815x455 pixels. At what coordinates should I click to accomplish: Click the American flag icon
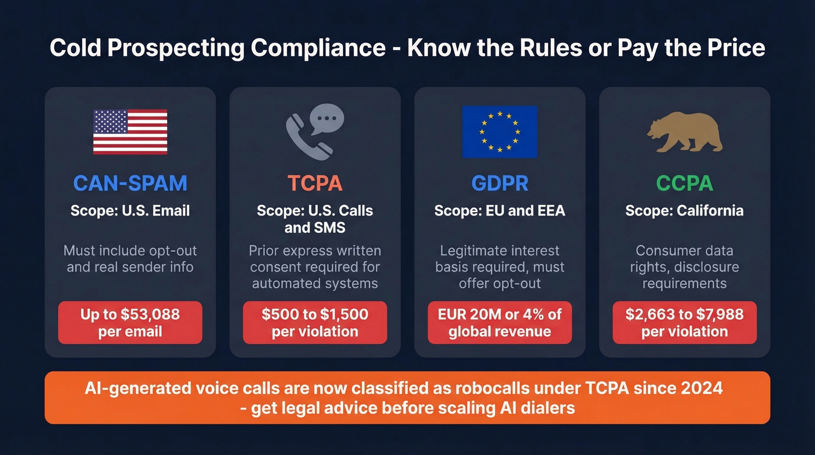[130, 132]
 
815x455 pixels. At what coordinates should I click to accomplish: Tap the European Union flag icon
[499, 132]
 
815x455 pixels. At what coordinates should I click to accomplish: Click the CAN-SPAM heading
[130, 183]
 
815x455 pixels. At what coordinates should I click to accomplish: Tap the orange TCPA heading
[315, 183]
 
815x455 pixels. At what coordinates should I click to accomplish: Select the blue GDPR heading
[499, 183]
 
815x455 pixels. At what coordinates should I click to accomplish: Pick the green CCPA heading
[685, 183]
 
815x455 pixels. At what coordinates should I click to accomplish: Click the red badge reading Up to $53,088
[130, 323]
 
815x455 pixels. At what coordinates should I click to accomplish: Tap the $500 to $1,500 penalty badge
[315, 323]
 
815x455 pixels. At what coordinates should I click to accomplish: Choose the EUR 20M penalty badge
[499, 323]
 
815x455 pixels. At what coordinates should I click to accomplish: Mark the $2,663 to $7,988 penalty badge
[685, 323]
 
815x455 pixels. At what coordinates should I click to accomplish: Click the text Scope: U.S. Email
[130, 210]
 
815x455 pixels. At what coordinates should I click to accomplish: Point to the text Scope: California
[685, 210]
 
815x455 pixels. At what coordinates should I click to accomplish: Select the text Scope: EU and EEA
[499, 210]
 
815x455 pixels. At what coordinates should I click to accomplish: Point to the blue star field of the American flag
[111, 121]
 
